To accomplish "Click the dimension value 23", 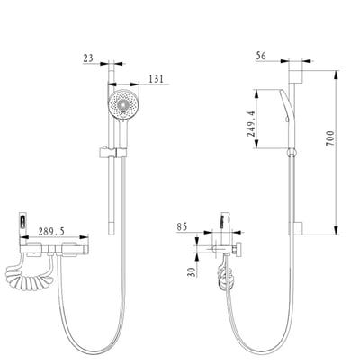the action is click(x=88, y=58).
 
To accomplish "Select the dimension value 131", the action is click(x=156, y=79).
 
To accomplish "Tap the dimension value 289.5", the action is click(x=51, y=231).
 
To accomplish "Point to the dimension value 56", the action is click(x=261, y=56).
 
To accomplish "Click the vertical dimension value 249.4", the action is click(x=251, y=124).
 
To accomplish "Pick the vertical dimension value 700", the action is click(x=329, y=138).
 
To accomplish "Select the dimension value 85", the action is click(x=182, y=226).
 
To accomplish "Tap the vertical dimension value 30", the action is click(x=192, y=271).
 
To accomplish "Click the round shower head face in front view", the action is click(x=123, y=104).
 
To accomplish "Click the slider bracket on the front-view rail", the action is click(x=112, y=152).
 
